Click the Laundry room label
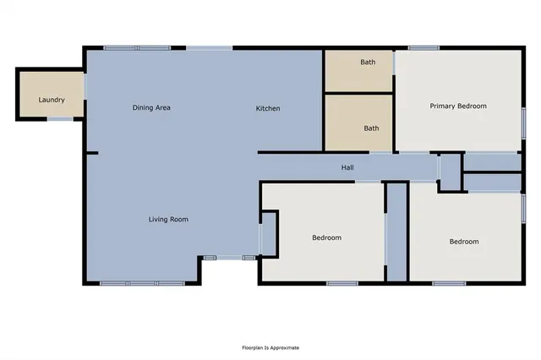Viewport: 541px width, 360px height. pos(52,101)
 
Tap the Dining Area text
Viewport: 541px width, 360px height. pos(152,108)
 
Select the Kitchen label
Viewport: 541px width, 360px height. pos(268,108)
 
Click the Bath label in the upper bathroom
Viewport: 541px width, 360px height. pos(368,62)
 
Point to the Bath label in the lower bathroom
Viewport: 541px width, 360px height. pos(371,128)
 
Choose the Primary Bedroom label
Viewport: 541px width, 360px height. pos(458,106)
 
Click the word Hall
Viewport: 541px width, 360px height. pos(347,167)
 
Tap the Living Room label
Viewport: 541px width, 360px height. pos(168,220)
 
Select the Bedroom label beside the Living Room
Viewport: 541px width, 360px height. pos(326,237)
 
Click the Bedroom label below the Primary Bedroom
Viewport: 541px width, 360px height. pos(463,242)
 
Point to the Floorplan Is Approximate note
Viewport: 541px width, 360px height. pos(270,347)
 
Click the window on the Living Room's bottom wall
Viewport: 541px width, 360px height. pos(142,282)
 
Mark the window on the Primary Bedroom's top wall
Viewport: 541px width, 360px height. pos(423,47)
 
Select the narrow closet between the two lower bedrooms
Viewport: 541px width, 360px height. pos(396,231)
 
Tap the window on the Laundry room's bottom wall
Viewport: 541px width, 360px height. pos(59,118)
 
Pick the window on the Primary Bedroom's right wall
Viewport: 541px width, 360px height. pos(523,120)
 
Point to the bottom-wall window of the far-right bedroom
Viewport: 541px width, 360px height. pos(449,282)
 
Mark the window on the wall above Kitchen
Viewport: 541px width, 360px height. pos(209,47)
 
